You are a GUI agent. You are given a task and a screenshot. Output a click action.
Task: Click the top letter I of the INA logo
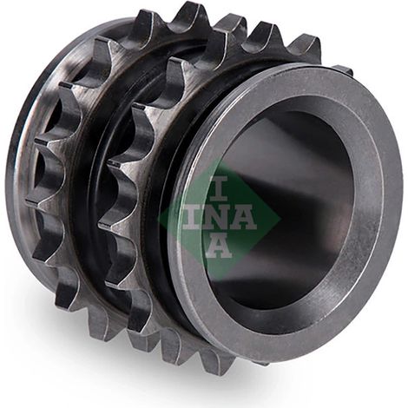pos(219,188)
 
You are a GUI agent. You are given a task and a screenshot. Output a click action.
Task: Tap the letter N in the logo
pos(215,218)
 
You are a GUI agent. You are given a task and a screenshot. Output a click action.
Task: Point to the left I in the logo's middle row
pos(191,218)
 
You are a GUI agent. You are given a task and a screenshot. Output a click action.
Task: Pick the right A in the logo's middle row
pos(243,218)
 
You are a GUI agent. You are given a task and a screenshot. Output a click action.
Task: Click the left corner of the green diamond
pos(158,219)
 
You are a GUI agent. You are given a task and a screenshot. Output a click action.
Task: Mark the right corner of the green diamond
pos(280,218)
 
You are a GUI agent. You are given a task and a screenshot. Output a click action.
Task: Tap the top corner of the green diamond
pos(220,159)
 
